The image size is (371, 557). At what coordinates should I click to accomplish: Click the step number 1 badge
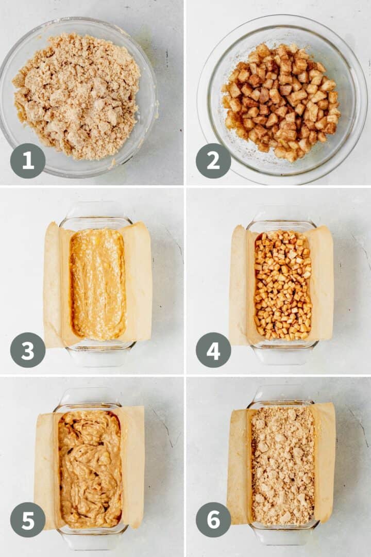28,161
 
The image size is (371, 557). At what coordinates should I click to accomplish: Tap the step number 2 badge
213,161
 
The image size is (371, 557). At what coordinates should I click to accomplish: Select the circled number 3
28,350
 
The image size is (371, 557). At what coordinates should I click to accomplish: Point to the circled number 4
213,350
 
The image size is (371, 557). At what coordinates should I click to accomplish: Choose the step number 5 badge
28,520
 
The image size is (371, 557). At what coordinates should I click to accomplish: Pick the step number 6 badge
213,520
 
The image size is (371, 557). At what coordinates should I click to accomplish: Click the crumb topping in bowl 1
77,95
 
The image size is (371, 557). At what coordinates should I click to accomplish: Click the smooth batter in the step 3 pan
98,284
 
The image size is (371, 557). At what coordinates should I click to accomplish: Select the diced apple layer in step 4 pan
282,285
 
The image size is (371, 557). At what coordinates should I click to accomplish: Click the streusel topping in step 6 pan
282,464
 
